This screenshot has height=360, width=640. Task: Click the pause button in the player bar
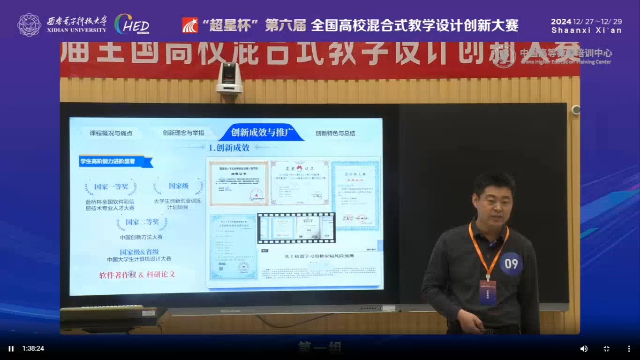11,349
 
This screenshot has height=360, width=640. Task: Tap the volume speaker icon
584,349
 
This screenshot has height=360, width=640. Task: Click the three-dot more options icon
629,349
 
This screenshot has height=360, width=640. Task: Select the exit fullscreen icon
606,349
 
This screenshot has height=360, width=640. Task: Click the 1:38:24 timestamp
33,349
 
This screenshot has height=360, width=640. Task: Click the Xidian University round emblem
29,24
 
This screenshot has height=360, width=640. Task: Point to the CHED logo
132,24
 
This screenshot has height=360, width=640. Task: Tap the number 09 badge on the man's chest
511,264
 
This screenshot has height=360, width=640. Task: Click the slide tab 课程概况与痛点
111,133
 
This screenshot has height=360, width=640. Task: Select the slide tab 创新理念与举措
183,133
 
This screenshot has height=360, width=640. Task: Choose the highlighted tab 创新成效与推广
262,133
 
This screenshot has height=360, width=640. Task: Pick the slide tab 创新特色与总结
335,133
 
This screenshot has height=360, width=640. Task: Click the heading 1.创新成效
229,148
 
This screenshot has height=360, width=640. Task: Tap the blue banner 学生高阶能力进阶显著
114,162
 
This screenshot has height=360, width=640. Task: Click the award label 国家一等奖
111,187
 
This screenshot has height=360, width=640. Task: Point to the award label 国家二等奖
142,222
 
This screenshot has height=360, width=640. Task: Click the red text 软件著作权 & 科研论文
137,275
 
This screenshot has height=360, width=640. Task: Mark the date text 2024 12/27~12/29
586,22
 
